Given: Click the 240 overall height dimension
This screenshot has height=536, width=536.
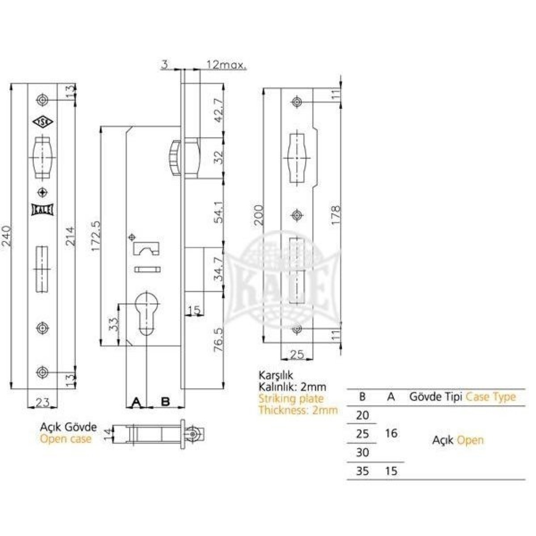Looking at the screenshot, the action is pos(6,236).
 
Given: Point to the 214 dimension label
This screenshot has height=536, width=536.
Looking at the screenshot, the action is pos(71,236).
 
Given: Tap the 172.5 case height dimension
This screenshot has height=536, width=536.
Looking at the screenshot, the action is pos(96,236).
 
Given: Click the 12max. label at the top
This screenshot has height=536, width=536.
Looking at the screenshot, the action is pos(226,65).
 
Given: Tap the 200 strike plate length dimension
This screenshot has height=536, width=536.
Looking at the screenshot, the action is pos(259,215).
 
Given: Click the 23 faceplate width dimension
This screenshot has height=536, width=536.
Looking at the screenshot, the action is pos(42,402).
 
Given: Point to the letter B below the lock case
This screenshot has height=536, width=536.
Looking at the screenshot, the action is pos(166,402).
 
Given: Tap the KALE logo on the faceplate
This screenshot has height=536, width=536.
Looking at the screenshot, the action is pos(42,209).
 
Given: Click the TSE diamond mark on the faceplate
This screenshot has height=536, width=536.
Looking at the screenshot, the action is pos(42,121).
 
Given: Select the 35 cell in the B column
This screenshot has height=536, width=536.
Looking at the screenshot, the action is pos(362,471).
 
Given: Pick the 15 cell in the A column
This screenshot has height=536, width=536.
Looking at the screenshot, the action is pos(391,471).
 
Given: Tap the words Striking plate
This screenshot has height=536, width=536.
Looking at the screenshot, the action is pos(291,399).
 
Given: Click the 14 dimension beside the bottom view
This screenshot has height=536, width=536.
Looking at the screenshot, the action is pos(108,434).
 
